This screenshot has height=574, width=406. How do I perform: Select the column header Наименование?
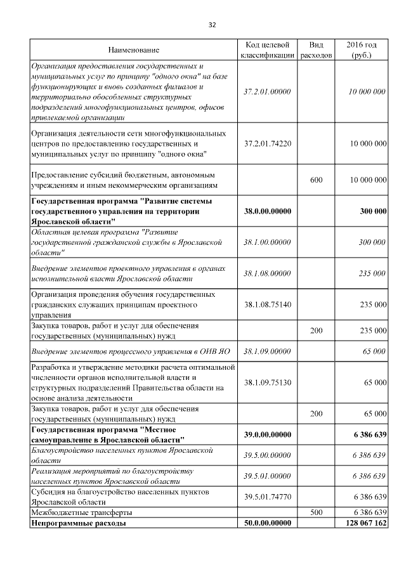point(133,50)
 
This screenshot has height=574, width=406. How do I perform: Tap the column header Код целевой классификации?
point(267,50)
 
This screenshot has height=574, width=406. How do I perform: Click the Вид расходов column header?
point(316,50)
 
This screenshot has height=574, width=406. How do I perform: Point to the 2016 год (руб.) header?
point(362,50)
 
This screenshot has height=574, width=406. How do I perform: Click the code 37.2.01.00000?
point(267,91)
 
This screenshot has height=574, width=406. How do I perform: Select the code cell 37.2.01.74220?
point(267,144)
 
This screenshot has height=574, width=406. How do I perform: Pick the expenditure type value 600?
point(316,180)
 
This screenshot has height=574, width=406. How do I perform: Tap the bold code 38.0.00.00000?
point(267,211)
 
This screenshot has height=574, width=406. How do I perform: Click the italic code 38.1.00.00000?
point(267,242)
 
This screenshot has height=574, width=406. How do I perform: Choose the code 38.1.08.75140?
point(267,304)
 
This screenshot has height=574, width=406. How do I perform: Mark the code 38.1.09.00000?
point(267,350)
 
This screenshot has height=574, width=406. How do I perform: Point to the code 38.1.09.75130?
point(267,382)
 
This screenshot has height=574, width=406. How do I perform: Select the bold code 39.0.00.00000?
point(267,434)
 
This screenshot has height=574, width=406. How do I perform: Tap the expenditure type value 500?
point(316,512)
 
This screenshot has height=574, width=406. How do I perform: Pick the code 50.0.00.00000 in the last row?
point(267,523)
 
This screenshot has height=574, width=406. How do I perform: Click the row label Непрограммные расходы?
point(78,523)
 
